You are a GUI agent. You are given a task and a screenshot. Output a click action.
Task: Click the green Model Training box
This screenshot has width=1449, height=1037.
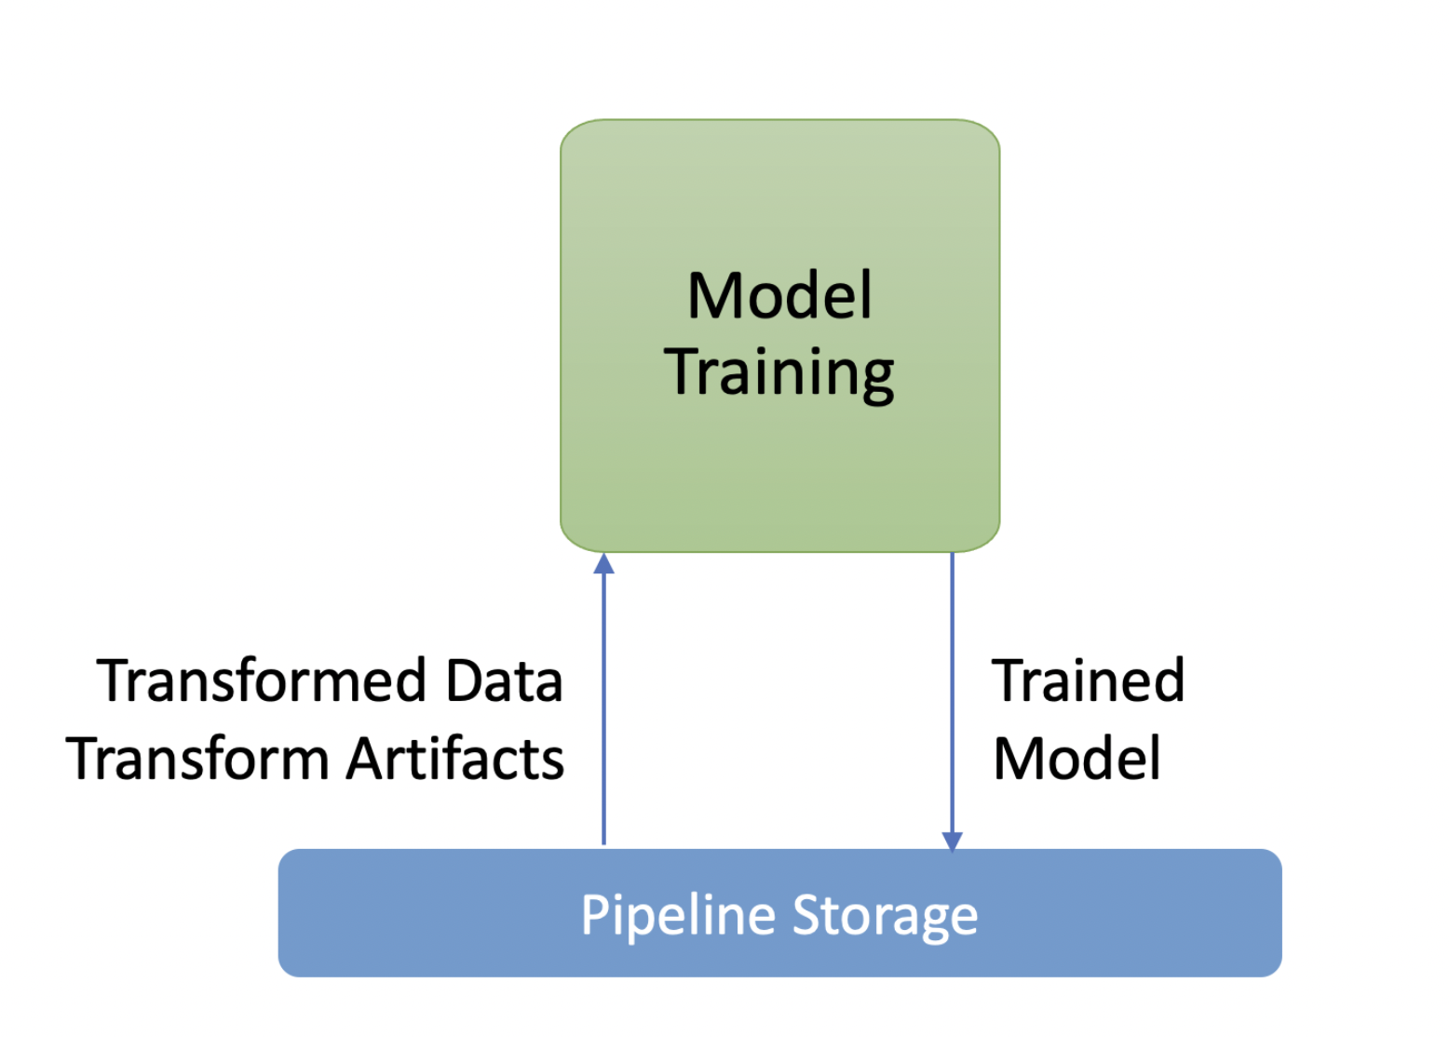tap(780, 335)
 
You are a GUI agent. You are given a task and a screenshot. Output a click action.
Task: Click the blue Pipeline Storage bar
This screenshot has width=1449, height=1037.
tap(780, 913)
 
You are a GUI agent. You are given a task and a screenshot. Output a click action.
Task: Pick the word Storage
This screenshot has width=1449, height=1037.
tap(886, 917)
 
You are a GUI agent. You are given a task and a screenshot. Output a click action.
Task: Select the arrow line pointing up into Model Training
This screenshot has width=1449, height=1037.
tap(603, 699)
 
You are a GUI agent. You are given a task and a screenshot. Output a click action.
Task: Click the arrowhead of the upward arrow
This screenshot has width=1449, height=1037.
tap(603, 563)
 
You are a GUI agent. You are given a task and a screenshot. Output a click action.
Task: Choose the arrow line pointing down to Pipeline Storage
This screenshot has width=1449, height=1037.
tap(953, 702)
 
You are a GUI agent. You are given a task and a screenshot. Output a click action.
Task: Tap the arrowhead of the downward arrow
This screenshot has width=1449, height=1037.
tap(953, 842)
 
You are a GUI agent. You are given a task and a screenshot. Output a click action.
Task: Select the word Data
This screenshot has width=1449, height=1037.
tap(505, 680)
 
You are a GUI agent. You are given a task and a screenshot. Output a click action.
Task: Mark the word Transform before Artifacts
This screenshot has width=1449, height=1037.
tap(198, 758)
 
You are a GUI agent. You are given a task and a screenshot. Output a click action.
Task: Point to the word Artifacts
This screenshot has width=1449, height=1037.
tap(455, 758)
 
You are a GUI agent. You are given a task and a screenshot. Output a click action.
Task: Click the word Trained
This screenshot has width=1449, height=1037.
tap(1088, 680)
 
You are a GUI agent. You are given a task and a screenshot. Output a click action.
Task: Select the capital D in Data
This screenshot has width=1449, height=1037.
tap(465, 680)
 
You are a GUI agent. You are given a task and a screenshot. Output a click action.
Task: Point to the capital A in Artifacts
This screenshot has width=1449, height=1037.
tap(366, 758)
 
